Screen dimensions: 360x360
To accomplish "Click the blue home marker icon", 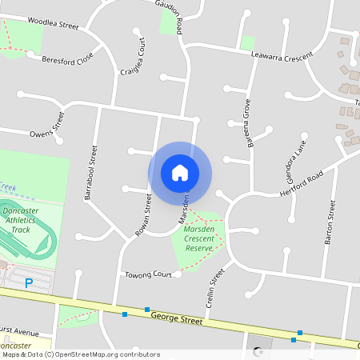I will pos(180,173).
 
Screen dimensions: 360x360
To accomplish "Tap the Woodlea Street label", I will pos(53,24).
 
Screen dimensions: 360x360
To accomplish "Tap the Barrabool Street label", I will pos(90,172).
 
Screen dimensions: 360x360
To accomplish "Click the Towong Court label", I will pos(149,275).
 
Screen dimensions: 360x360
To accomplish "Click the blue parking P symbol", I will pos(29,282).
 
